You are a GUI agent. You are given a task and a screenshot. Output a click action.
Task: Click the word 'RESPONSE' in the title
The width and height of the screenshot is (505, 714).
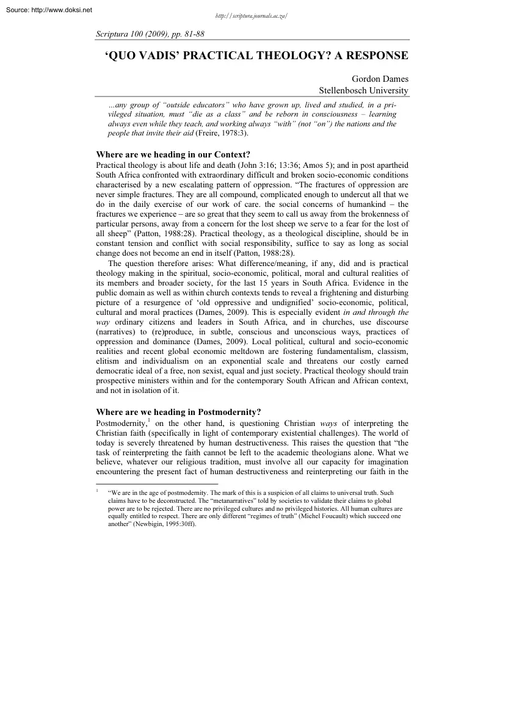coord(375,56)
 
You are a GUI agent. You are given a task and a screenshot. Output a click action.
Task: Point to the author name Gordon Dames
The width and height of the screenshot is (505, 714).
coord(380,79)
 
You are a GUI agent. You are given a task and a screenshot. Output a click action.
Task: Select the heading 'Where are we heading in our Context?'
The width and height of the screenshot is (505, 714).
coord(173,154)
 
